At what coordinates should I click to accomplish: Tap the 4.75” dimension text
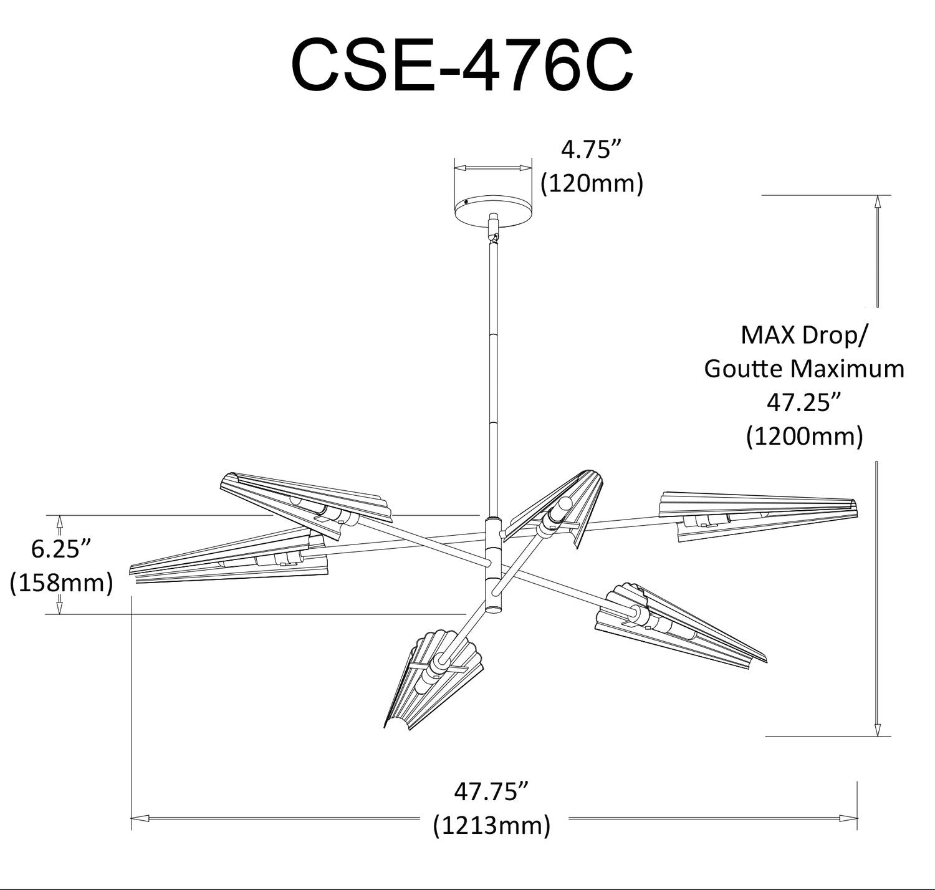click(592, 150)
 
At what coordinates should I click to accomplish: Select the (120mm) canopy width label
click(592, 183)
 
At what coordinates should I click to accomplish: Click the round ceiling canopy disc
click(492, 210)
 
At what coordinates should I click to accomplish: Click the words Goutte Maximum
click(804, 369)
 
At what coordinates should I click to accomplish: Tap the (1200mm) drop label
click(804, 436)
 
